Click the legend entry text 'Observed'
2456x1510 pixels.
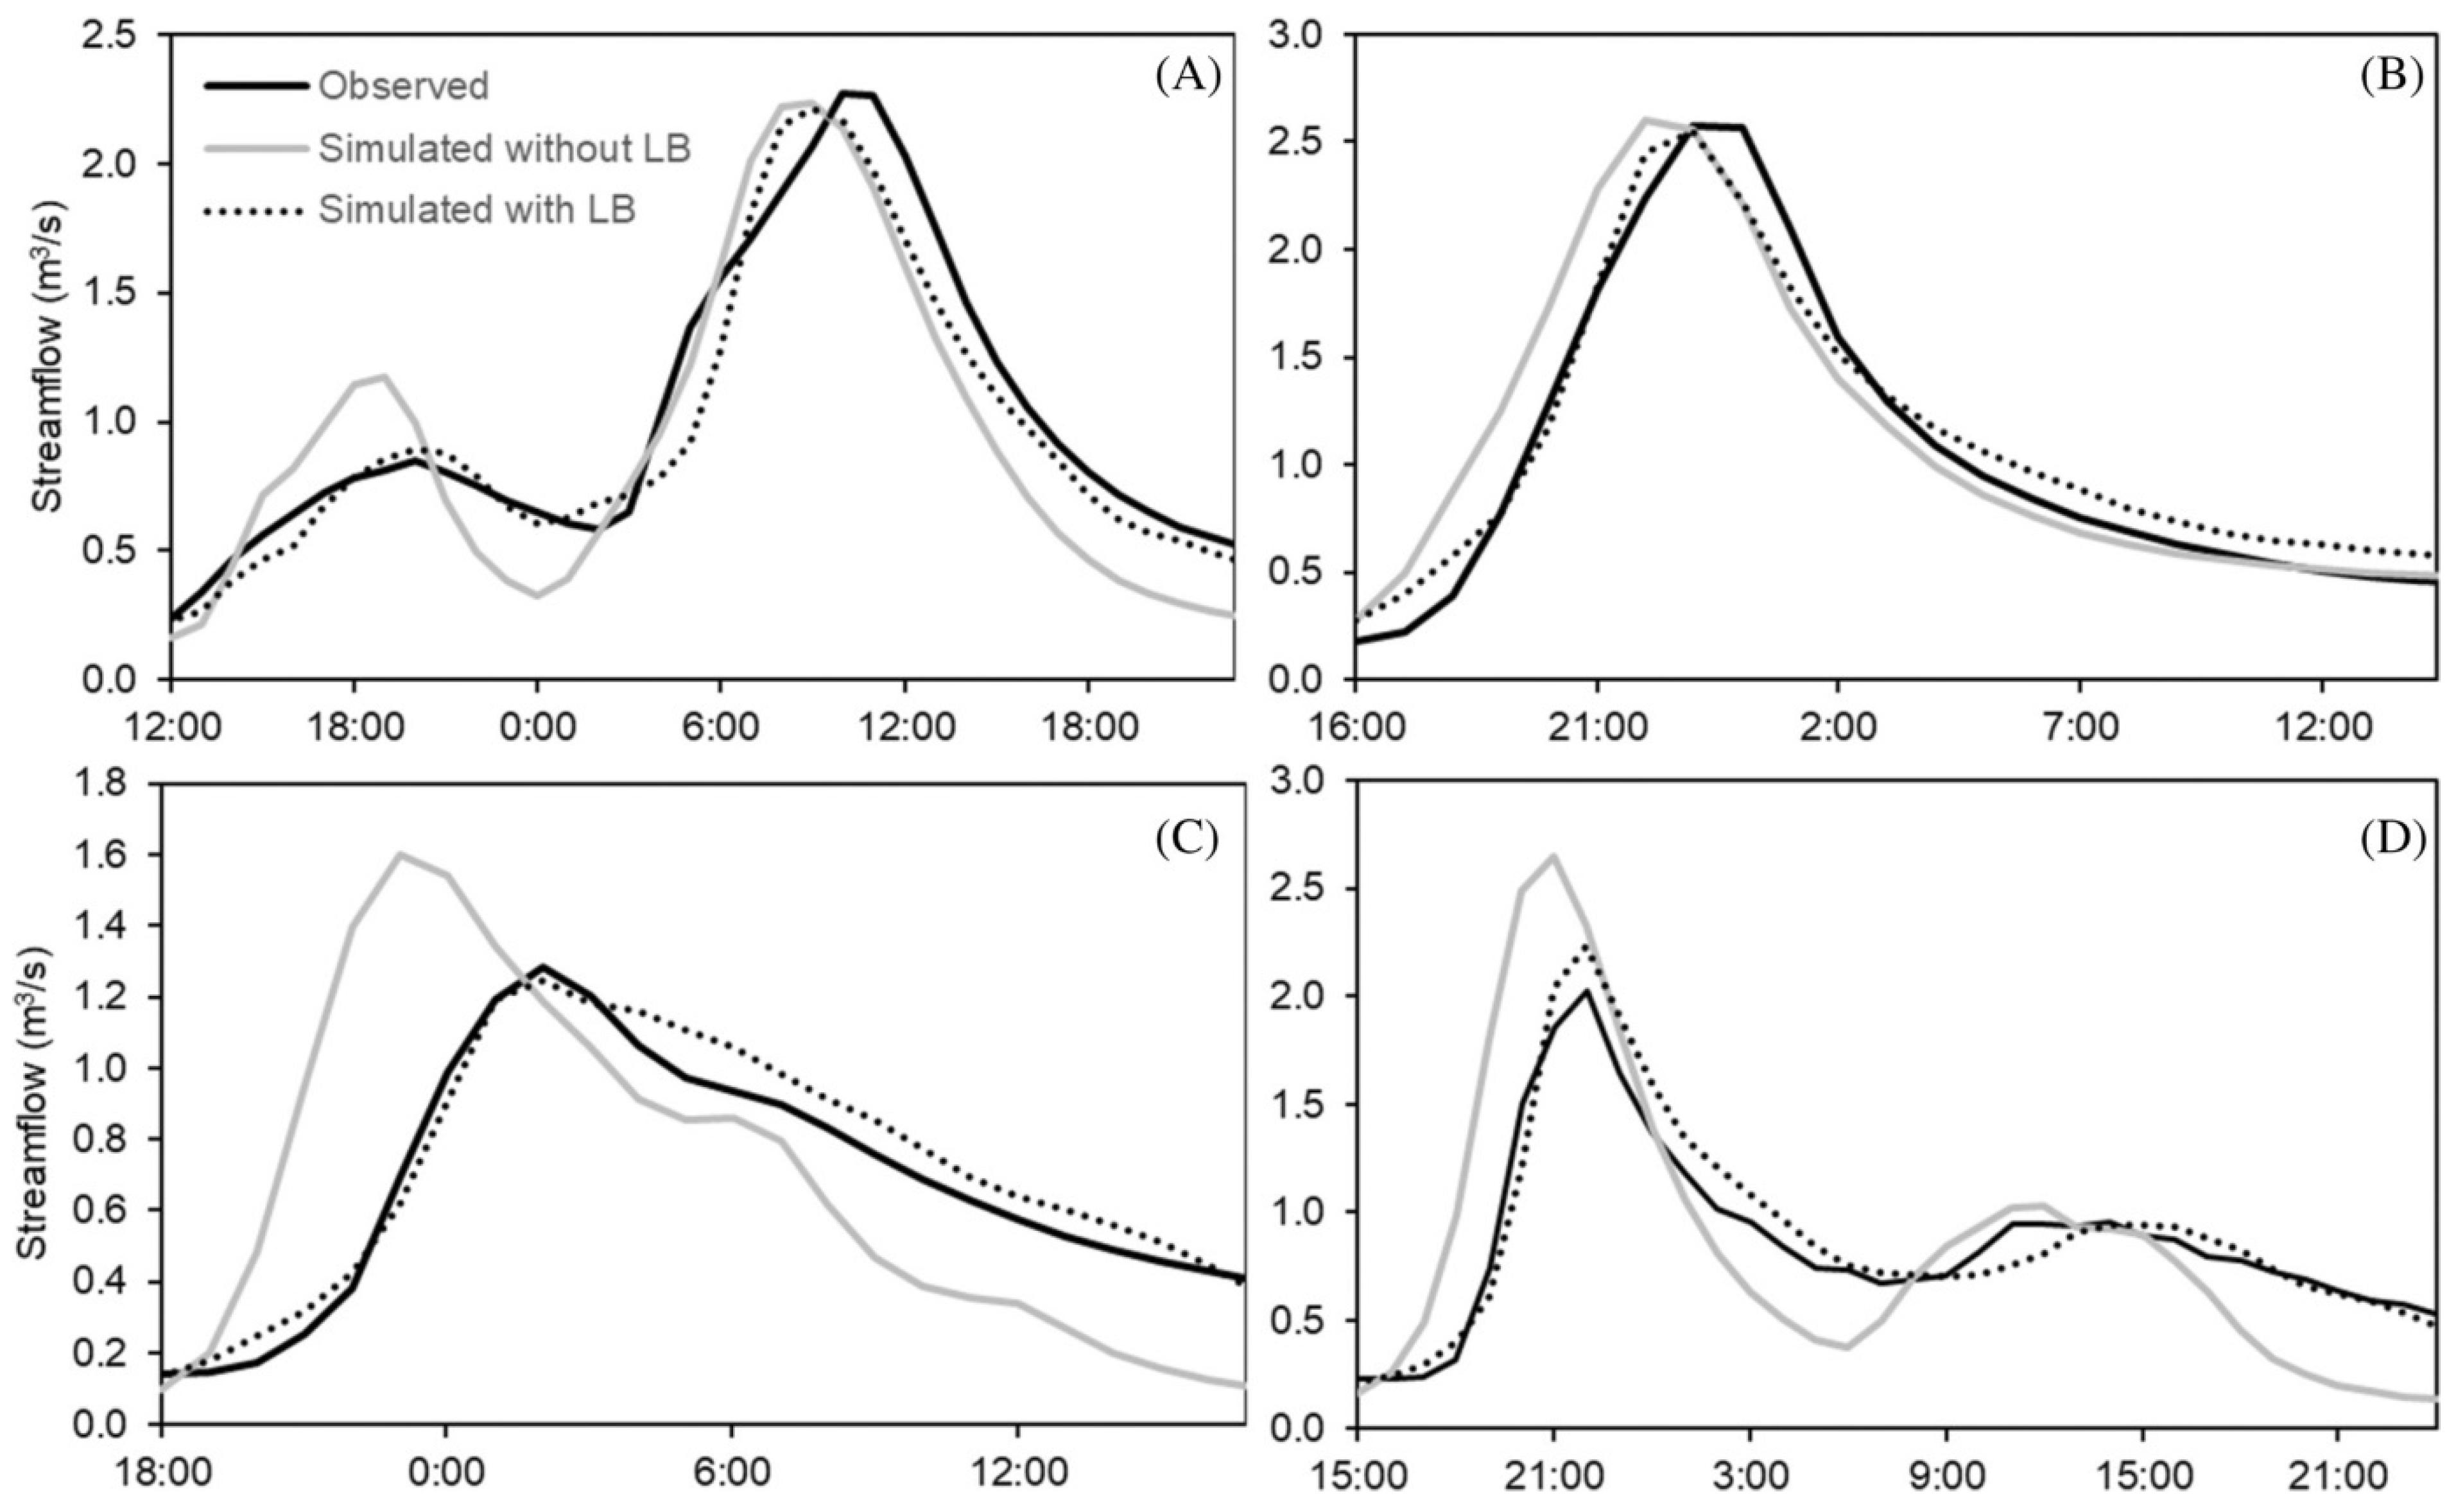[404, 87]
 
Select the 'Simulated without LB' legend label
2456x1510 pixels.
[505, 149]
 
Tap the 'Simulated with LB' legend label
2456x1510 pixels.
[478, 210]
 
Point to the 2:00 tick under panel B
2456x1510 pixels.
[1838, 726]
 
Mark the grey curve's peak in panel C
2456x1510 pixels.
[401, 854]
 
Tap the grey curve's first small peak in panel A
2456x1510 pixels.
[383, 377]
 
